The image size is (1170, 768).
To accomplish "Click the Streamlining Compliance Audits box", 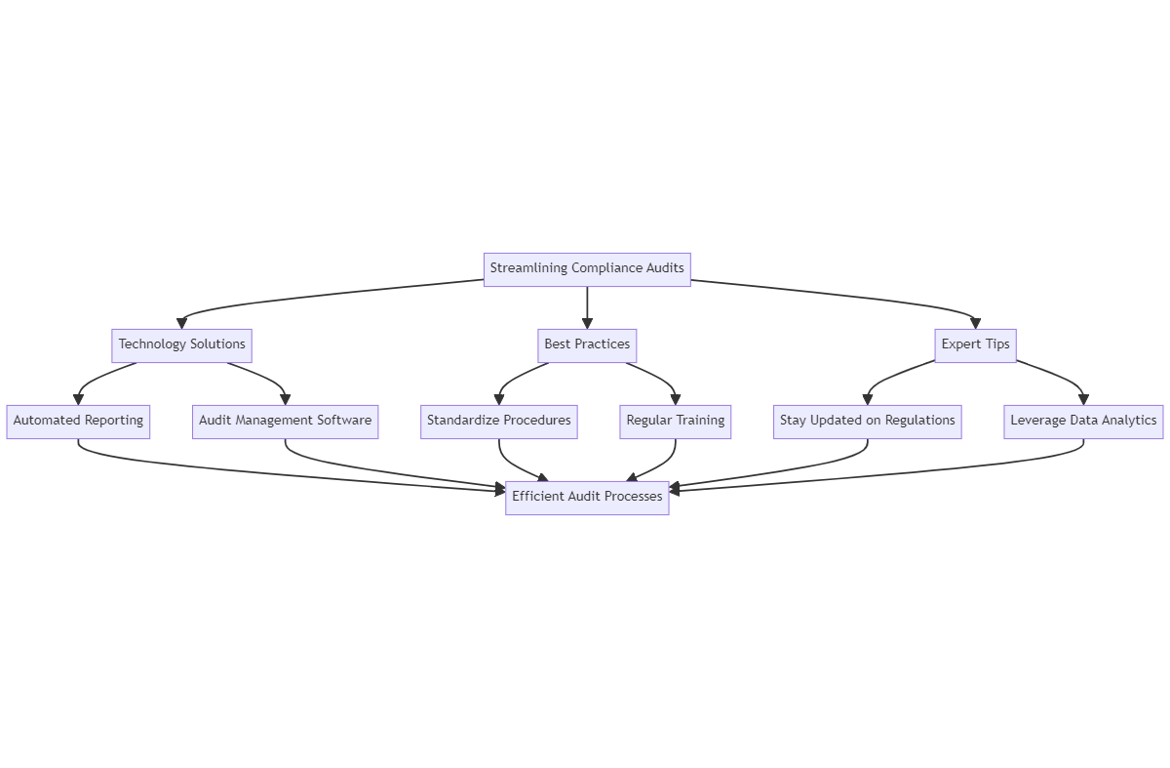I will [587, 268].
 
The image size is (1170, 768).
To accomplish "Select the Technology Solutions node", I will [182, 344].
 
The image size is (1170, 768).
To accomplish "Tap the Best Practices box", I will [587, 344].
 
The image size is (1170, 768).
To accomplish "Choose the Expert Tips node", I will [975, 344].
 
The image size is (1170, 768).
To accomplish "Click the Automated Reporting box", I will [78, 421].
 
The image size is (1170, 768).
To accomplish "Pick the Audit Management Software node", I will [285, 421].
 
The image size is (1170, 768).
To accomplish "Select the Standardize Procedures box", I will [499, 421].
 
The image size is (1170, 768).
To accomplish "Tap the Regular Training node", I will [676, 421].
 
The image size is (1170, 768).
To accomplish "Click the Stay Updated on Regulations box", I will [867, 421].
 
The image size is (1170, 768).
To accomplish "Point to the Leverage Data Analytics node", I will [1083, 421].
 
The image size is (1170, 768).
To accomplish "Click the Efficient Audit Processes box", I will [587, 497].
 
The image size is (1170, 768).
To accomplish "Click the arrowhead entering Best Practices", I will [587, 323].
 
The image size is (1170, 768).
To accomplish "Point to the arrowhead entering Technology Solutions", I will [182, 323].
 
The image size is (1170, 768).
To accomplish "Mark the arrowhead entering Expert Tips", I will [975, 323].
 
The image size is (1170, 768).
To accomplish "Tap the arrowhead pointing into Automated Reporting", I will [78, 399].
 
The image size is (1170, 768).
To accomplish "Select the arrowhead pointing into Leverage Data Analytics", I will [1083, 399].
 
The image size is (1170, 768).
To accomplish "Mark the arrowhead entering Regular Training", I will [676, 399].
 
